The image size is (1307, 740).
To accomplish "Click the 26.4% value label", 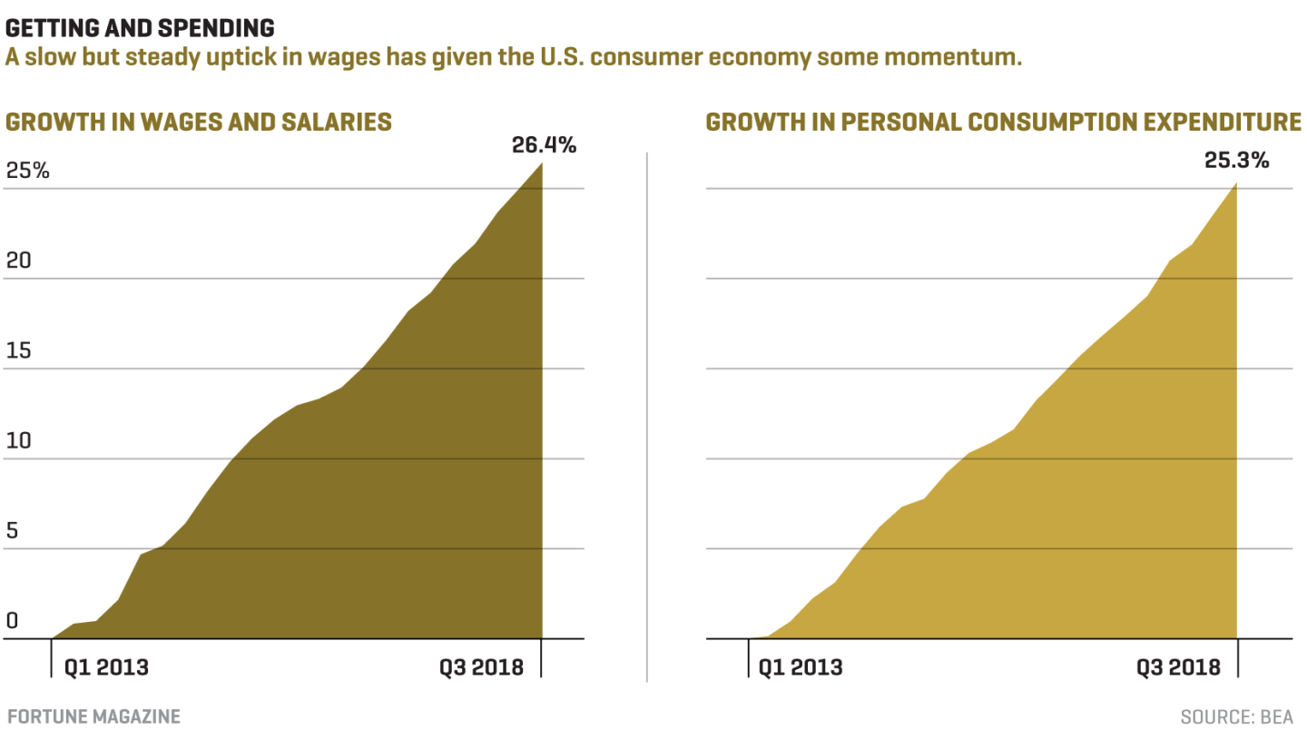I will tap(544, 145).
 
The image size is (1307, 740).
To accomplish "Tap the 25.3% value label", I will tap(1236, 161).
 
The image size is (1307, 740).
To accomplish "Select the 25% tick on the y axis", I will tap(28, 171).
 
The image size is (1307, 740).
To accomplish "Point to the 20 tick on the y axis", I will tap(18, 261).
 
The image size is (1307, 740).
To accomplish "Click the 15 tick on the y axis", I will tap(18, 350).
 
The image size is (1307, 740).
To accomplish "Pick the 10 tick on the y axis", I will tap(18, 441).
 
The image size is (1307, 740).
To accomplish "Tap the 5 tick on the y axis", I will tap(12, 531).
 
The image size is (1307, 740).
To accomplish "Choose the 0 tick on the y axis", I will tap(12, 621).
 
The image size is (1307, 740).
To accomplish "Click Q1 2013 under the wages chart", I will tap(106, 667).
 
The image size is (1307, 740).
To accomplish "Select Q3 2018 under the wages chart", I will tap(482, 667).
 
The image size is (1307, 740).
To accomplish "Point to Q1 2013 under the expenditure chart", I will tap(801, 667).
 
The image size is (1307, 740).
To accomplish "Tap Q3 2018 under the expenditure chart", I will tap(1178, 667).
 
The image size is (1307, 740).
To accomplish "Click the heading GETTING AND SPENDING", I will tap(140, 27).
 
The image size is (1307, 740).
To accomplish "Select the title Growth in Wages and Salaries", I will tap(199, 122).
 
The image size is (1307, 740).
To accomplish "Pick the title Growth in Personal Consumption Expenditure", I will tap(1003, 122).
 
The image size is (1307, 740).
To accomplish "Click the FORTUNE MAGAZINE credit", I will tap(93, 716).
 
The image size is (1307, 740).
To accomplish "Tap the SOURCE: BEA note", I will tap(1236, 717).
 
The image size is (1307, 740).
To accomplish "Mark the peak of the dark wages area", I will tap(542, 163).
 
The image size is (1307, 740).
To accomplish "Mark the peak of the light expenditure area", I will tap(1236, 184).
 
